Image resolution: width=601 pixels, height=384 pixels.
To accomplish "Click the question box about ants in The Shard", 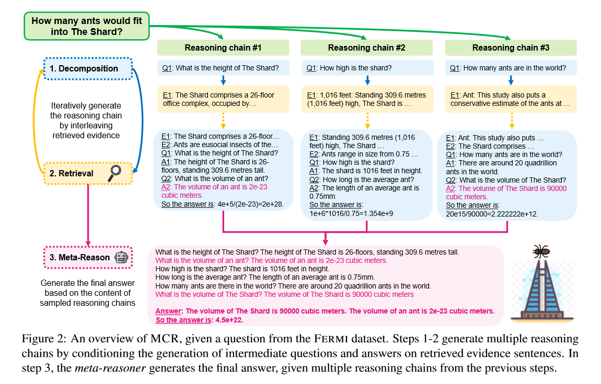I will point(86,26).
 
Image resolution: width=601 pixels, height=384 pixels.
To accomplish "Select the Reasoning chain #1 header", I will point(223,48).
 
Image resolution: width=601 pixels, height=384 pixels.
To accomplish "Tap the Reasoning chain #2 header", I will point(367,48).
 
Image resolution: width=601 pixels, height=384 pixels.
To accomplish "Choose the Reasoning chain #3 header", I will point(511,48).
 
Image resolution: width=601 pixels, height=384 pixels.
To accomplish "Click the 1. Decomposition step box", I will point(87,69).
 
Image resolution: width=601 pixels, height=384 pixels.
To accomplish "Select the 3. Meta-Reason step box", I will point(87,257).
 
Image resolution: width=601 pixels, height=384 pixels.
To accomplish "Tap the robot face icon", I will point(122,257).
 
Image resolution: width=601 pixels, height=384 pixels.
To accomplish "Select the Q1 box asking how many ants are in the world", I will point(511,68).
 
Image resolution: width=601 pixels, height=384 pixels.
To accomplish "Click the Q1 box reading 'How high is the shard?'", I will point(367,68).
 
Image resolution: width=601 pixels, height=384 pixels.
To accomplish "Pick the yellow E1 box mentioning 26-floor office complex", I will point(223,99).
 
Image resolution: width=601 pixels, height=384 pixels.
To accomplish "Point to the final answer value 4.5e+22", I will point(228,320).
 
